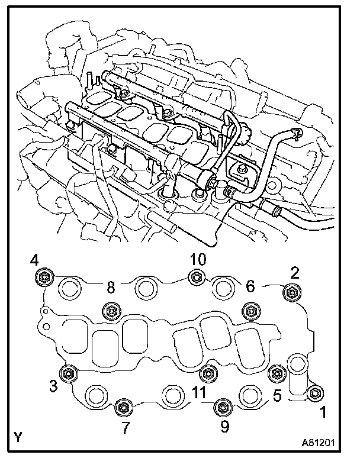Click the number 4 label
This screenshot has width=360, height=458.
click(x=35, y=260)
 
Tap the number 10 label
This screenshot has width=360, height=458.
click(x=199, y=259)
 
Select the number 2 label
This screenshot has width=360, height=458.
click(x=295, y=273)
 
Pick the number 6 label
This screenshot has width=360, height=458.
click(x=250, y=286)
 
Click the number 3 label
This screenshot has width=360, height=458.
click(x=53, y=387)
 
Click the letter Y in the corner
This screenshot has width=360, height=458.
click(x=19, y=438)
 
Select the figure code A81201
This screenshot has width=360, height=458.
click(x=322, y=441)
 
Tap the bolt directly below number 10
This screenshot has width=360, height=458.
click(x=197, y=276)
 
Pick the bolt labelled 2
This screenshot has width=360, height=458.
click(x=291, y=291)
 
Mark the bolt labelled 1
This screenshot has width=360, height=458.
click(x=316, y=392)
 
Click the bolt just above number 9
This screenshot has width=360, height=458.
click(x=221, y=407)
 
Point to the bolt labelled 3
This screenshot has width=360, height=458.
click(x=70, y=373)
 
